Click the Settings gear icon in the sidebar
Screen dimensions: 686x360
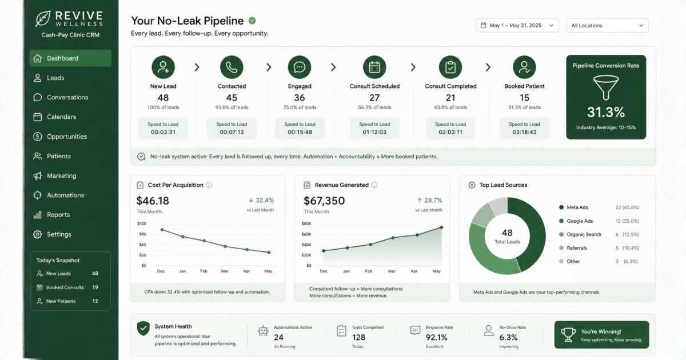click(37, 234)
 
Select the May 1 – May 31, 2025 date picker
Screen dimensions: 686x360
click(517, 25)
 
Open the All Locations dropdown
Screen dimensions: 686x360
click(607, 25)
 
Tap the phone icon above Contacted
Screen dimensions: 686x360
click(232, 67)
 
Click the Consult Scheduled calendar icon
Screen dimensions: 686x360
click(374, 67)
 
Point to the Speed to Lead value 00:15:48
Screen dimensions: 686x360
click(300, 132)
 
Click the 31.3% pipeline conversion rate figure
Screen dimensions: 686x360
click(606, 112)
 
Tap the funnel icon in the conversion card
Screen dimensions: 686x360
click(606, 88)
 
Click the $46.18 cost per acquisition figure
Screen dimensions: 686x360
click(153, 201)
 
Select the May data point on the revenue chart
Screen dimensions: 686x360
click(441, 227)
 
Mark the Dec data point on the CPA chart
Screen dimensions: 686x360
click(162, 230)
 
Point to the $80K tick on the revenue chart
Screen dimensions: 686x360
click(306, 224)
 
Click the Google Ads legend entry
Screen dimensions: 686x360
click(580, 221)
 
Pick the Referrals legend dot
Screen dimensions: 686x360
click(561, 248)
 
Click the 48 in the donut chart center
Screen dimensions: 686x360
click(507, 233)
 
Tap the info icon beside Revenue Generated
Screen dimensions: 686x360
click(374, 185)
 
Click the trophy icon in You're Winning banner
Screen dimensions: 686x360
click(568, 335)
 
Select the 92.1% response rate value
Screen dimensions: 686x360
click(436, 337)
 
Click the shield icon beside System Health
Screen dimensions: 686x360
click(143, 329)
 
